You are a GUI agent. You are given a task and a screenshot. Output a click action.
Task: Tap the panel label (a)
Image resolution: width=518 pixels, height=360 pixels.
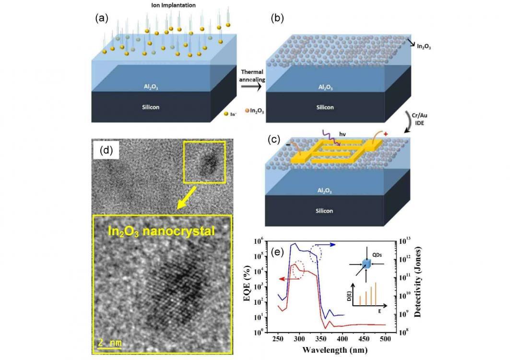click(101, 18)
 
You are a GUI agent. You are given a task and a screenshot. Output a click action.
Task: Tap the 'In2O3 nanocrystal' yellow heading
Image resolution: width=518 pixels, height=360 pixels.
click(162, 231)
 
